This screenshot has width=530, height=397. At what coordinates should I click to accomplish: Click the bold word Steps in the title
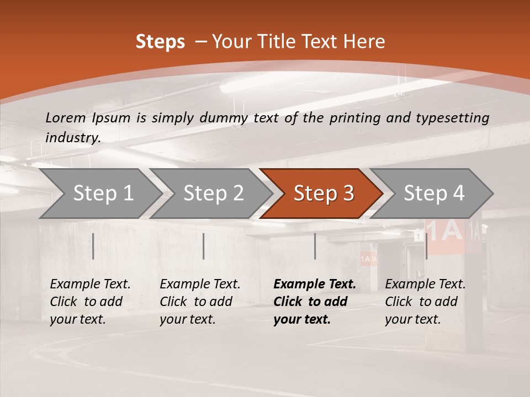160,42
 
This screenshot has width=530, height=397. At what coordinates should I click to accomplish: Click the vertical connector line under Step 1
93,246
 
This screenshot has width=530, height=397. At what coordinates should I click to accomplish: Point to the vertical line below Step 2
204,246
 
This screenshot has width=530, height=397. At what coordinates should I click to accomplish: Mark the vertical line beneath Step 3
315,246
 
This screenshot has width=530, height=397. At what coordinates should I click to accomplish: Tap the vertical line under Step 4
426,246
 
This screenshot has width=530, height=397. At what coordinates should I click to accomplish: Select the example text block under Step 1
90,302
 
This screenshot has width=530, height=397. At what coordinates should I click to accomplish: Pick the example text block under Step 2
200,302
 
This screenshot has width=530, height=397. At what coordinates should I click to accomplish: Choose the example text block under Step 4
425,302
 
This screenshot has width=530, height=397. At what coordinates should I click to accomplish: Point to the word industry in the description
73,137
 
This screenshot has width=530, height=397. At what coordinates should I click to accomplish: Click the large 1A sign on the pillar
444,232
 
